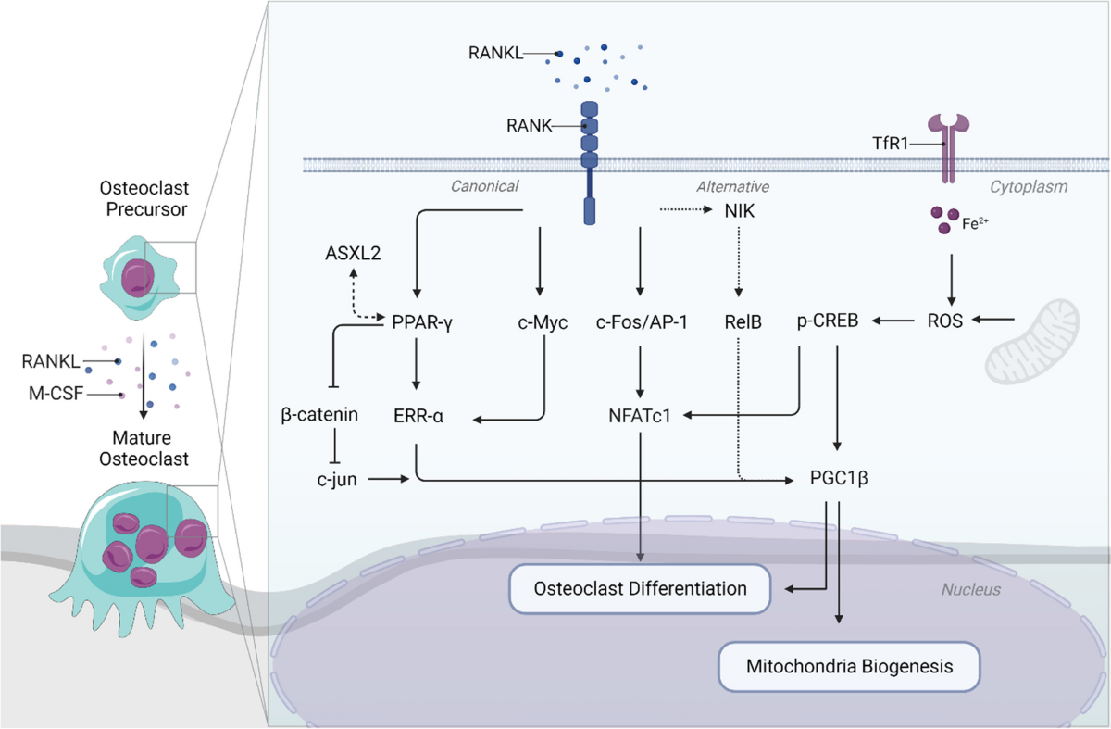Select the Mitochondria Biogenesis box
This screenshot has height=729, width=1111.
(849, 665)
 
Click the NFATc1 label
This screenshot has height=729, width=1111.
(640, 416)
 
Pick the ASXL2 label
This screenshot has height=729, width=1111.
(350, 253)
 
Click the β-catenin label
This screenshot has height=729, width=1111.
(318, 416)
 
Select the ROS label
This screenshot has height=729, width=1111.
(945, 321)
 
